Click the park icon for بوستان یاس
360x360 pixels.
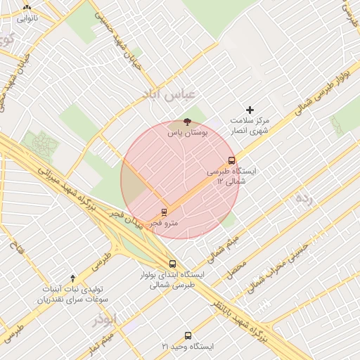186,122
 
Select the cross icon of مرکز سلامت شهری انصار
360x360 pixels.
250,110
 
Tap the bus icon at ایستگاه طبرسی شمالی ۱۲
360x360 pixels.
232,160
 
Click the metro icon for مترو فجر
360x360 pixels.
164,212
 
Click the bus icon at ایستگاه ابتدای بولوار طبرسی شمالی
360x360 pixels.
172,264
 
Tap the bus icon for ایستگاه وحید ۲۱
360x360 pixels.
188,335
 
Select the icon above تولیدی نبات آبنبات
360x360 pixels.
73,279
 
